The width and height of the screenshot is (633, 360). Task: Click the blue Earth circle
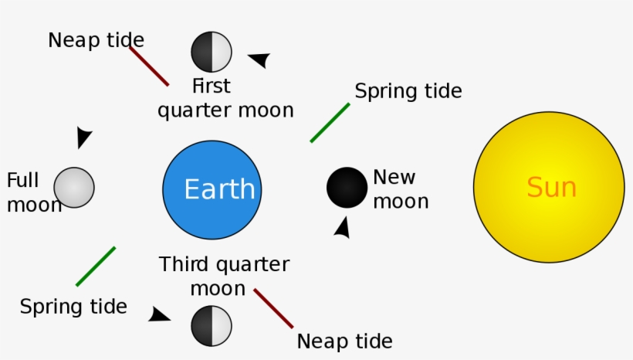point(212,190)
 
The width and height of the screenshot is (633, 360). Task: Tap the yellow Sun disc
point(549,187)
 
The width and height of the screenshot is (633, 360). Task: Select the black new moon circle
point(347,188)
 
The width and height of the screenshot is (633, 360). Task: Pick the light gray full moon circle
point(74,188)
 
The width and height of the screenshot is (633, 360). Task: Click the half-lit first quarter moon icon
point(212,52)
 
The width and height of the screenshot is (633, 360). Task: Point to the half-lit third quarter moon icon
point(212,326)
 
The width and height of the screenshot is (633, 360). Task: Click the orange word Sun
point(551,187)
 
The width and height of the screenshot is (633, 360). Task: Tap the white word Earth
point(220,189)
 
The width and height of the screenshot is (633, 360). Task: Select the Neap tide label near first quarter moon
point(96,40)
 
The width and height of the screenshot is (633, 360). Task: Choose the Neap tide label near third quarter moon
point(345,341)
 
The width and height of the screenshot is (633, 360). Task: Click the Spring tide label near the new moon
point(408,91)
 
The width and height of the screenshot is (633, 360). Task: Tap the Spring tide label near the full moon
point(73,307)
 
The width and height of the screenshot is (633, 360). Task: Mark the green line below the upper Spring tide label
point(330,123)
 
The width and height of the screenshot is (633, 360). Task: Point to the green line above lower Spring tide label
point(96,267)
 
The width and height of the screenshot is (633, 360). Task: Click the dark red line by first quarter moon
point(149,66)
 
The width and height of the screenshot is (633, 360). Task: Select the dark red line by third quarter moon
point(273,308)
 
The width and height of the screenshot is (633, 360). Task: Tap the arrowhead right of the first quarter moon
point(260,59)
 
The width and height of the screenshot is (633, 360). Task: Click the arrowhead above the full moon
point(83,137)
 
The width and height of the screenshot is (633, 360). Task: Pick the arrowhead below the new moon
point(344,229)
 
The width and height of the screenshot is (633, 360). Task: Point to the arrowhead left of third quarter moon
point(159,315)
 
